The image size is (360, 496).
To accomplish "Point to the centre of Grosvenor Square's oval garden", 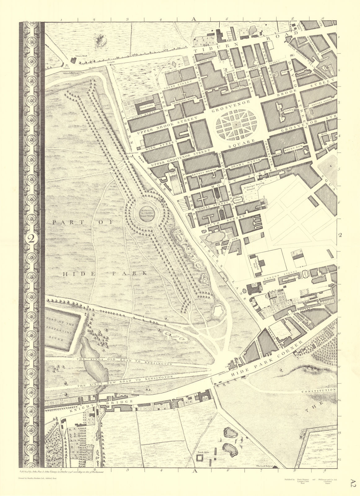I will [236, 125].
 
